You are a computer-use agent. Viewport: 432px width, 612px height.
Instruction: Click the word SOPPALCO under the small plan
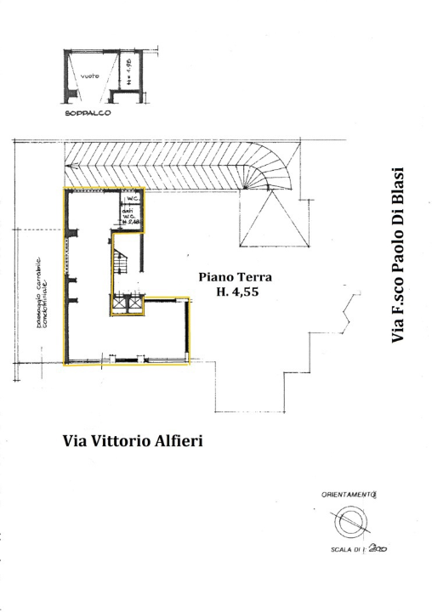pos(88,114)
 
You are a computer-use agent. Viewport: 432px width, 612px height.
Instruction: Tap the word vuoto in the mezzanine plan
pos(91,77)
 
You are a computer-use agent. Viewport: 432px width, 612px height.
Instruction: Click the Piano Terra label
pos(235,276)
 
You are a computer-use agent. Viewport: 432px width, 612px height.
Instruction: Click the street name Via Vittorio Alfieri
pos(133,442)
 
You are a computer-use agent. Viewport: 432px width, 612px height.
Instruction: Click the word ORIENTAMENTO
pos(348,493)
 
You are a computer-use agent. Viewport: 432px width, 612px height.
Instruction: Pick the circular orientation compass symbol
pos(347,523)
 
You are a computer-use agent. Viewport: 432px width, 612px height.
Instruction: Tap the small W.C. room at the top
pos(133,197)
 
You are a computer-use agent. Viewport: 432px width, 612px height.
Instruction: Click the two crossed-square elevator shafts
pos(127,304)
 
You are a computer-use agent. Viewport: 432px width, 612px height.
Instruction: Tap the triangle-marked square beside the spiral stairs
pos(273,219)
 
